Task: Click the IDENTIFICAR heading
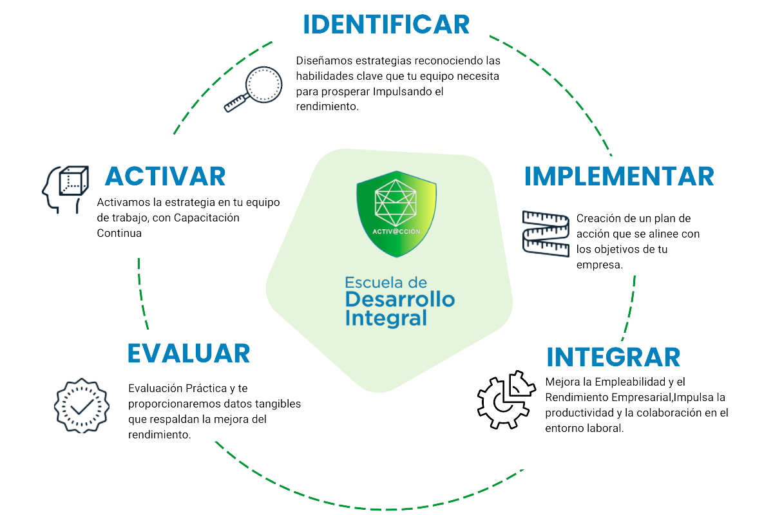[386, 24]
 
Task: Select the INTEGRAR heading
[613, 356]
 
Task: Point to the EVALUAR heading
[188, 353]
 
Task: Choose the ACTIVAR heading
[165, 176]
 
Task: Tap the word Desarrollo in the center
[399, 299]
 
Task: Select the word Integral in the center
[386, 318]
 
